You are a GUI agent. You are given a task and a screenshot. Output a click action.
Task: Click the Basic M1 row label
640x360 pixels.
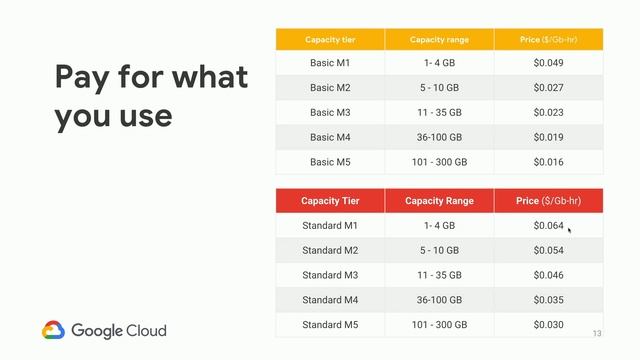tap(329, 64)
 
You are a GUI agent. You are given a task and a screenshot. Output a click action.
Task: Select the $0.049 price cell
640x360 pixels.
tap(548, 64)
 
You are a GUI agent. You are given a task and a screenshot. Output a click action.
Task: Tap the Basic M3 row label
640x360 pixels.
tap(329, 112)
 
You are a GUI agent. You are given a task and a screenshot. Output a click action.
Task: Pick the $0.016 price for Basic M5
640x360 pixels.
tap(548, 161)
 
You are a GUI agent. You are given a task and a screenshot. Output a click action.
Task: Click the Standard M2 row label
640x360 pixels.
tap(329, 250)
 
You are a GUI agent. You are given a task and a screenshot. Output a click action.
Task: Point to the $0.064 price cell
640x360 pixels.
tap(548, 226)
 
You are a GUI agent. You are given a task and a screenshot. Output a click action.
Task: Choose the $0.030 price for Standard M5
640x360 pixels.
tap(548, 324)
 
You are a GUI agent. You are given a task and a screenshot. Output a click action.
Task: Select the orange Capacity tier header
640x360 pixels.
tap(329, 40)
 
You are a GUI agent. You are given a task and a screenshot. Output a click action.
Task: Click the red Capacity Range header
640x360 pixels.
tap(439, 201)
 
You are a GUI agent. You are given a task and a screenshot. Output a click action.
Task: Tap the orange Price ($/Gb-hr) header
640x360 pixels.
tap(548, 40)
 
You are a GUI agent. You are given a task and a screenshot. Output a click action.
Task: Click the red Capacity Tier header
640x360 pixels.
tap(329, 201)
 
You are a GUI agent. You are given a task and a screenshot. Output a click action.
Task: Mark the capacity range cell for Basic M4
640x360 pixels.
tap(439, 137)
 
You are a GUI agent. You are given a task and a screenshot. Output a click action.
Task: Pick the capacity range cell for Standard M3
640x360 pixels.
tap(439, 275)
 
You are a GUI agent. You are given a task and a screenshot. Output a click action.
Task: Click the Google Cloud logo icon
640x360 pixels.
tap(54, 330)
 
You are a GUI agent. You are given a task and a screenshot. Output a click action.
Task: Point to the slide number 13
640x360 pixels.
tap(597, 333)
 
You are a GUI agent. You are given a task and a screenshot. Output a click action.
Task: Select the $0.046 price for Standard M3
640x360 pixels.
tap(548, 275)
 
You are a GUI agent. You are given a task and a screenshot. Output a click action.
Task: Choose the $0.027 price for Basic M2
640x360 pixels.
tap(548, 88)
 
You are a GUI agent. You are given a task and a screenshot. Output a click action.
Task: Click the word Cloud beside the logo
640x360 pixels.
tap(144, 330)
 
